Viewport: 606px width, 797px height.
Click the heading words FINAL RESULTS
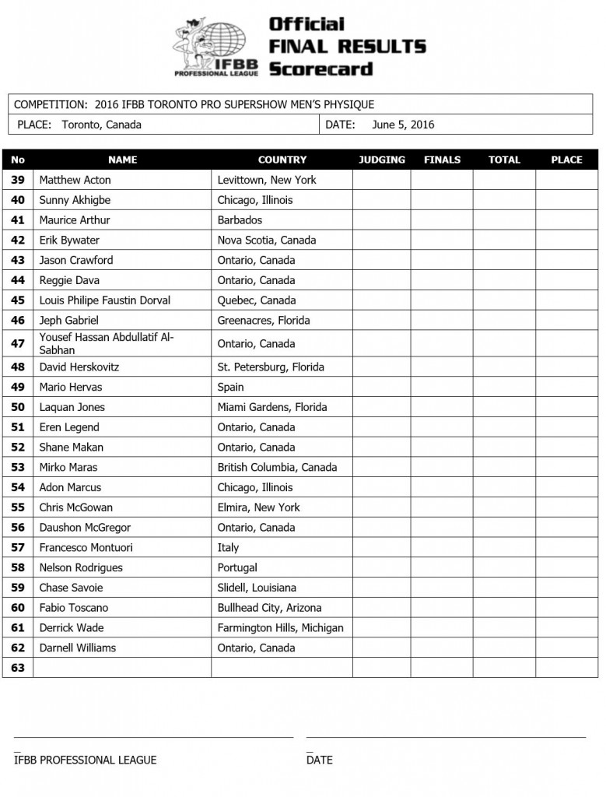click(347, 46)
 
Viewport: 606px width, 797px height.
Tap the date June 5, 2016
click(403, 125)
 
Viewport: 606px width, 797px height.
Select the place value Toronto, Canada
click(101, 125)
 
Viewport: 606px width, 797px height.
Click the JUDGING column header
click(382, 160)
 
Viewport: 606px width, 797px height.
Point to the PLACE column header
click(566, 160)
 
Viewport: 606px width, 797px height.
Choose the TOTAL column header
click(504, 160)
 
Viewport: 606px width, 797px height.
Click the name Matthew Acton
click(75, 180)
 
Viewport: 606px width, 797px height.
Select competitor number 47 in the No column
click(18, 343)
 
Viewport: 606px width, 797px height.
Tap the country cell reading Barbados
click(240, 220)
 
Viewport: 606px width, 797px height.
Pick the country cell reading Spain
click(230, 387)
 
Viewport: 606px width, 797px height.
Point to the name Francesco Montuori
click(86, 547)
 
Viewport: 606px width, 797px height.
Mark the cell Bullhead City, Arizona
click(269, 608)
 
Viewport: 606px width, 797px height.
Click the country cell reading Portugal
click(237, 567)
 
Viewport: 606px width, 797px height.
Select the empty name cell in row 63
click(122, 668)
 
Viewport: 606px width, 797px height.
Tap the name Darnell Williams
click(77, 648)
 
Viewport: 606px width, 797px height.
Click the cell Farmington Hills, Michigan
click(280, 627)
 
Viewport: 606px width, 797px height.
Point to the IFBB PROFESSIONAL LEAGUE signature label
click(85, 760)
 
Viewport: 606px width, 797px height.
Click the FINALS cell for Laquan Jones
click(442, 407)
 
